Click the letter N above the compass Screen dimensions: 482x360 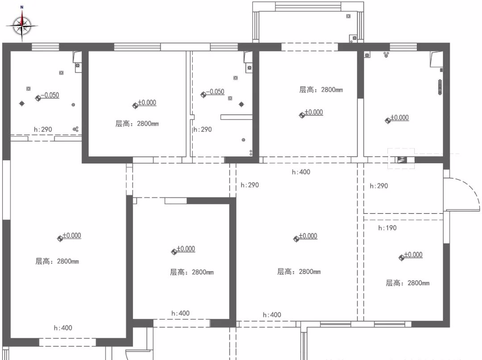[x=22, y=7]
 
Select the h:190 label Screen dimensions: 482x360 [x=387, y=228]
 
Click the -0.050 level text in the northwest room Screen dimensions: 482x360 [x=50, y=95]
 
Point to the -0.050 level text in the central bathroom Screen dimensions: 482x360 [x=215, y=92]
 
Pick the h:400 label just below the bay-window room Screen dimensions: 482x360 [x=301, y=172]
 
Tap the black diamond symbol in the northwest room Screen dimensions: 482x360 [x=22, y=103]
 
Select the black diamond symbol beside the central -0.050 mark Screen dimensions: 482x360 [x=241, y=104]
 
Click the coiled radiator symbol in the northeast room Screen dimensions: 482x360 [x=440, y=87]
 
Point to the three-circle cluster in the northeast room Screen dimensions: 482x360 [x=386, y=55]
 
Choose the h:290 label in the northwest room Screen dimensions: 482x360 [x=43, y=130]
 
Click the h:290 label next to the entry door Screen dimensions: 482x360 [x=379, y=186]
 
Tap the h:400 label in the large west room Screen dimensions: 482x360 [x=63, y=328]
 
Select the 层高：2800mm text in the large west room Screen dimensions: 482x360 [x=57, y=261]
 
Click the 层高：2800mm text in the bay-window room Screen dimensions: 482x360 [x=321, y=90]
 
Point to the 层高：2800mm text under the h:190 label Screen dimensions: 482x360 [x=407, y=283]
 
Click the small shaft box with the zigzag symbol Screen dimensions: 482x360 [x=403, y=160]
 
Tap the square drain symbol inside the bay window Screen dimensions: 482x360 [x=348, y=16]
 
